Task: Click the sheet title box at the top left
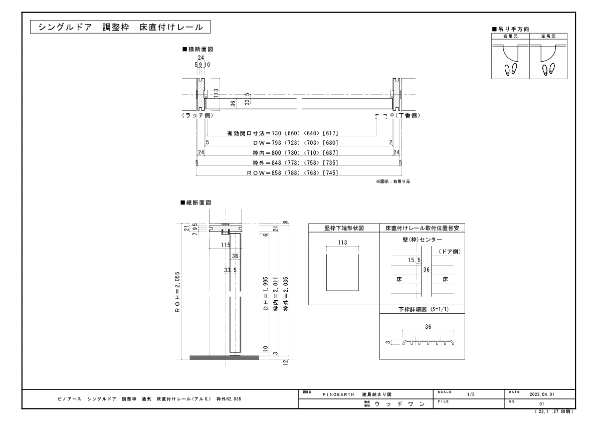point(120,27)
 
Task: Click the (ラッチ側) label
point(197,115)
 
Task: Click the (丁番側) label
point(408,115)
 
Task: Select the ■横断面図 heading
point(197,49)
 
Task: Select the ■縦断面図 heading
point(195,202)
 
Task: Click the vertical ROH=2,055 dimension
point(177,292)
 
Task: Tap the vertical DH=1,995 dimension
point(266,294)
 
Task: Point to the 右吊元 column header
point(510,36)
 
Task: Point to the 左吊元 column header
point(548,36)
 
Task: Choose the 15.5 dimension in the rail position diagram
point(414,260)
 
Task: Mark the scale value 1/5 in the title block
point(471,394)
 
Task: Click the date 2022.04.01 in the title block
point(542,394)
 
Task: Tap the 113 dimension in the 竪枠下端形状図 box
point(342,243)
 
